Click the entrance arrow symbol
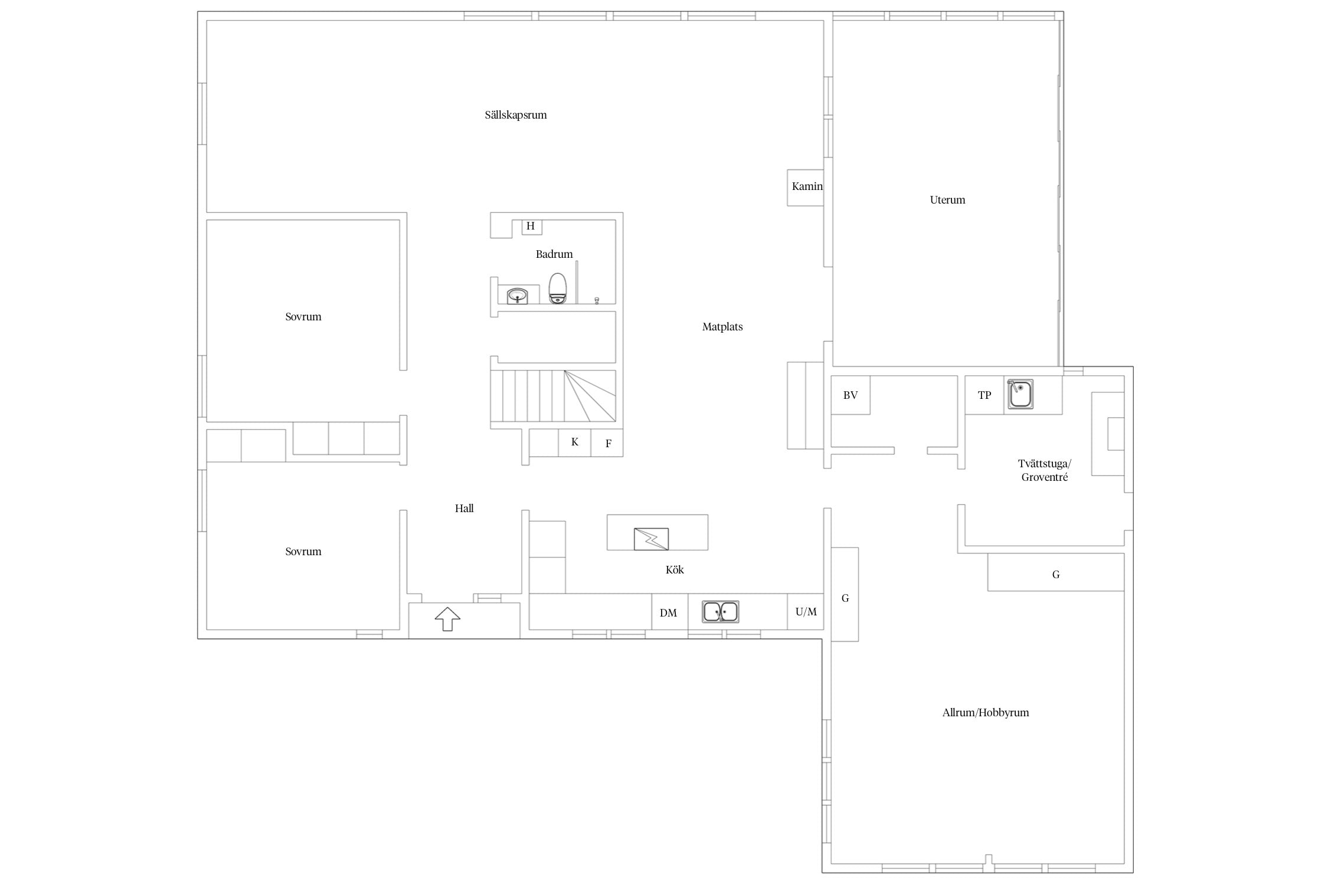(447, 619)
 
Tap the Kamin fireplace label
(807, 186)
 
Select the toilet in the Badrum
(558, 288)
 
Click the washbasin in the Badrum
(517, 296)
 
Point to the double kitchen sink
(720, 612)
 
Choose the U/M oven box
(806, 612)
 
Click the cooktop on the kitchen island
(651, 539)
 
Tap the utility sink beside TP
(1020, 394)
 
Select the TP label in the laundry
(984, 395)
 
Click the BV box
(851, 395)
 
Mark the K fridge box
(575, 442)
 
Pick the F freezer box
(607, 442)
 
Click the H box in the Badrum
(532, 227)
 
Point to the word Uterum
(947, 200)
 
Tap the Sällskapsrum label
(516, 115)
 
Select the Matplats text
(722, 327)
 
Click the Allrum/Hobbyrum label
(986, 713)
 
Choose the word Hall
(465, 509)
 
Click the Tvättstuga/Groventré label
(1045, 471)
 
